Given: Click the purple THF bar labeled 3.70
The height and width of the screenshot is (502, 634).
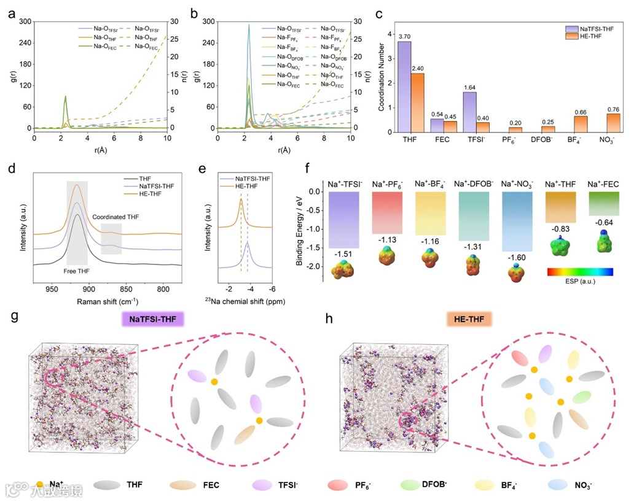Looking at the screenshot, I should tap(404, 87).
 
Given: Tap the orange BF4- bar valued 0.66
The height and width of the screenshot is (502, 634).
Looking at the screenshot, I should tap(581, 124).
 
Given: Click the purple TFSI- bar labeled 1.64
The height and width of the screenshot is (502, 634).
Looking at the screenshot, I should tap(469, 112).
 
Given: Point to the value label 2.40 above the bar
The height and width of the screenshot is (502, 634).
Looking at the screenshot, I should tap(418, 69).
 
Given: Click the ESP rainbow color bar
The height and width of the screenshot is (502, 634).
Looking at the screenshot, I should tap(579, 271).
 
